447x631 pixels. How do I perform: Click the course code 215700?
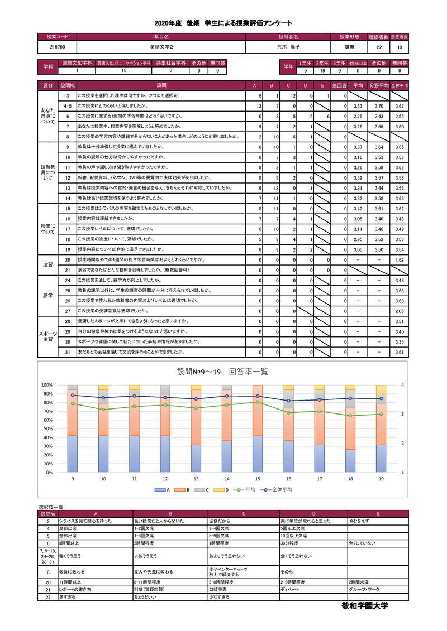57,47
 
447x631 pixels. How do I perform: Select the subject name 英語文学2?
162,47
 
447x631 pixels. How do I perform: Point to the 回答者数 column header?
399,37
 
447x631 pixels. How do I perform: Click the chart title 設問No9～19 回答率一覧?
223,372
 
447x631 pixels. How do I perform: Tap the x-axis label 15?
256,478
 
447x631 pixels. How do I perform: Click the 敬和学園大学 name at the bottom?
364,605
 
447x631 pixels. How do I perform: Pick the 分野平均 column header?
378,86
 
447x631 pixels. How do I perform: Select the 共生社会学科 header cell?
171,64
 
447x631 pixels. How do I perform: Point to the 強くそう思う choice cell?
70,556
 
